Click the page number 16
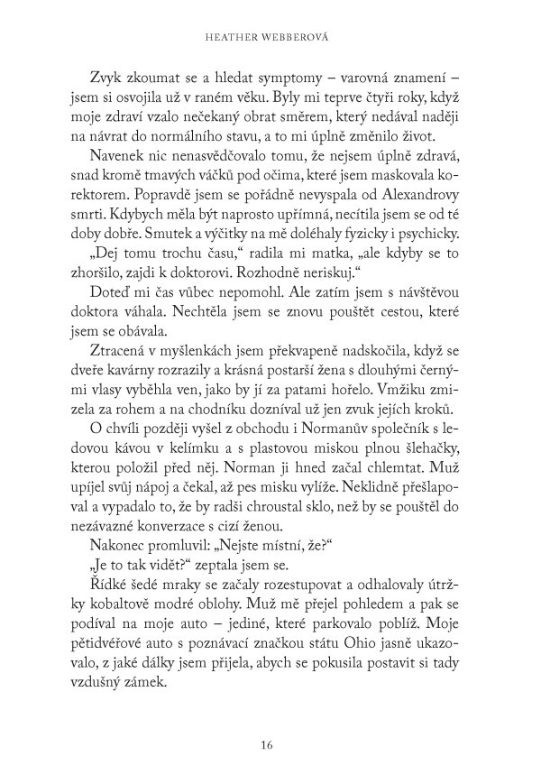[265, 745]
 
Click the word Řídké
[108, 587]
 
